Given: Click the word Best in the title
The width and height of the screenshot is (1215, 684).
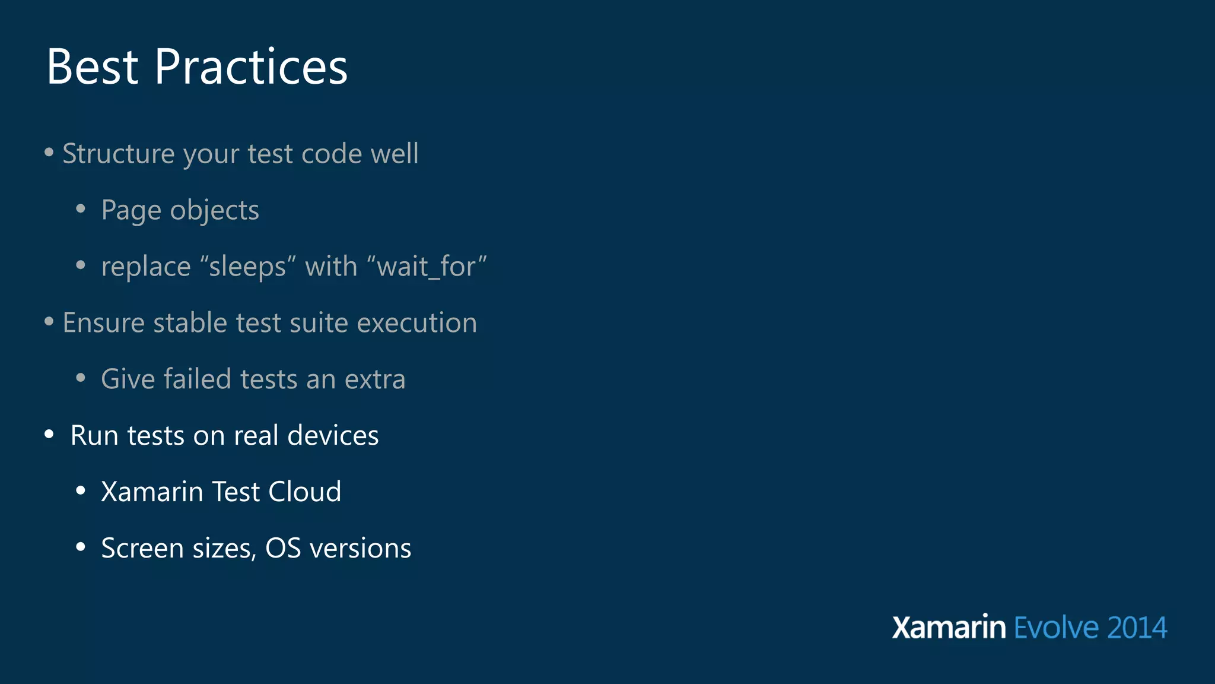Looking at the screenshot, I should (93, 67).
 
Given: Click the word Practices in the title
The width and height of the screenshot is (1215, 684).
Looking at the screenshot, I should (251, 67).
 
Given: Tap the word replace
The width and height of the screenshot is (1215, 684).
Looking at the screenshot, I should (146, 267).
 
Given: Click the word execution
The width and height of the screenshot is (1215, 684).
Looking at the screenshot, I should (416, 323).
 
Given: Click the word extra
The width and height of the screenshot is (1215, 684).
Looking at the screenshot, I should (375, 379).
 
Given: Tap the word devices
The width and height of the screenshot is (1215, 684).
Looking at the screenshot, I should (333, 436).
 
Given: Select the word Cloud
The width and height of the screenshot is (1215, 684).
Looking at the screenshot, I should (305, 492).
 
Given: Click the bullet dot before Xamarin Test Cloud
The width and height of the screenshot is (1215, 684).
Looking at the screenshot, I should (81, 491).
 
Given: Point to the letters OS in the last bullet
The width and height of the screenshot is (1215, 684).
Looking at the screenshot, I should (283, 548).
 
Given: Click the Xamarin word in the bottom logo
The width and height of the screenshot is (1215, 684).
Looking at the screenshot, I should (949, 628).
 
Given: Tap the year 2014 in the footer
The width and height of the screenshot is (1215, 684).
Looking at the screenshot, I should (1137, 628).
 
